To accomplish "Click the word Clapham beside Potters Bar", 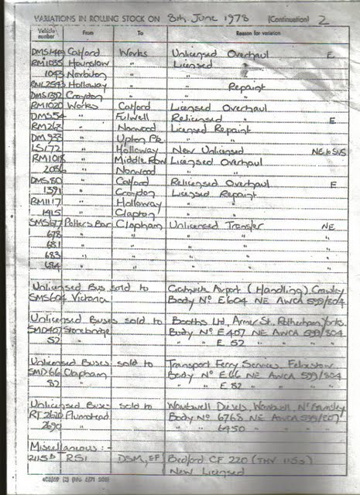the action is pos(139,224).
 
